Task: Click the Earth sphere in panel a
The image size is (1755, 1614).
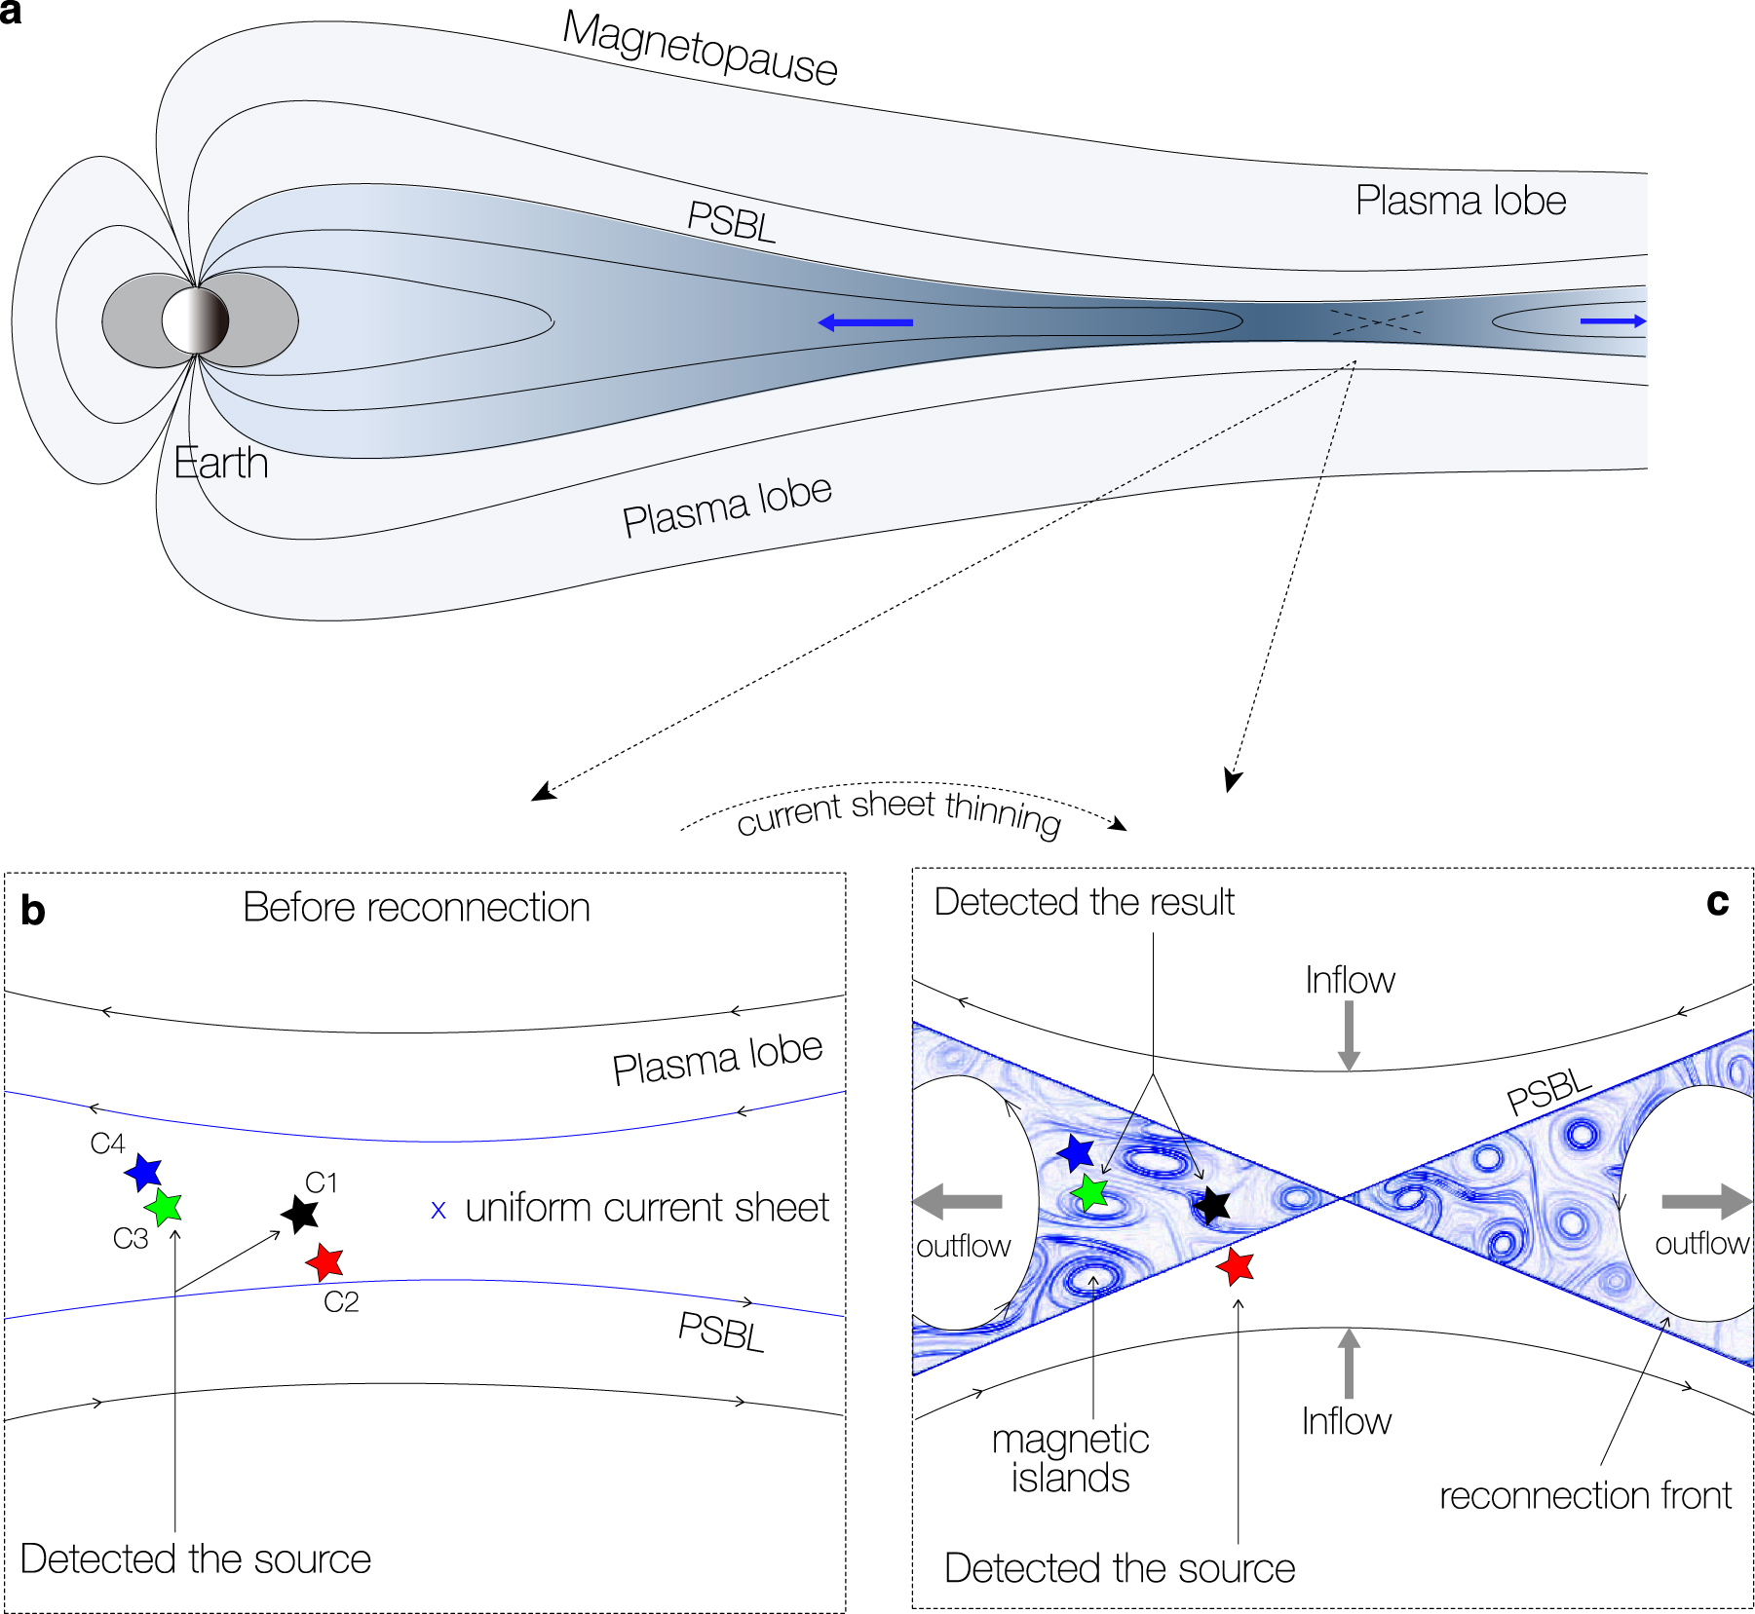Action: pos(195,320)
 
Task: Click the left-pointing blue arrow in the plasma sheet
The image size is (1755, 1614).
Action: pos(865,322)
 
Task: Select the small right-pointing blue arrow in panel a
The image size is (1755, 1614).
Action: pos(1613,320)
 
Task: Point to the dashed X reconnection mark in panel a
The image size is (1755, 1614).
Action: pos(1377,322)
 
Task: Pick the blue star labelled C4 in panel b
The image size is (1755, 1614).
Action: pos(144,1172)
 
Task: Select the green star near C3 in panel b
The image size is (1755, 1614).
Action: pos(164,1208)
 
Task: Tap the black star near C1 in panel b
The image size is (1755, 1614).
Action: pos(300,1214)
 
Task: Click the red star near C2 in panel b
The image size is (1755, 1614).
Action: pos(324,1262)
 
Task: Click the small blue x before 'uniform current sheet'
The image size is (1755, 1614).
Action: pos(439,1210)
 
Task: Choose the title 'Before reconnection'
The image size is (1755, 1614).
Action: pos(416,907)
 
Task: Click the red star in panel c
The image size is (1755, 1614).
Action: pos(1236,1266)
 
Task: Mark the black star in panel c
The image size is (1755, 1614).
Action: pos(1212,1205)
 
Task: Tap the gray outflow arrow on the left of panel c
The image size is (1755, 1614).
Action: pos(959,1201)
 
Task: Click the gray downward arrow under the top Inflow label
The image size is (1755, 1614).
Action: pos(1349,1036)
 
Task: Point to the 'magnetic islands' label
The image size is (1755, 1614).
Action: pos(1070,1458)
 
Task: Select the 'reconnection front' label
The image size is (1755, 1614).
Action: pos(1584,1495)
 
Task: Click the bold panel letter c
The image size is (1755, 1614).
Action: pos(1717,902)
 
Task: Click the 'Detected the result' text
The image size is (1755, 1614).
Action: pos(1084,902)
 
